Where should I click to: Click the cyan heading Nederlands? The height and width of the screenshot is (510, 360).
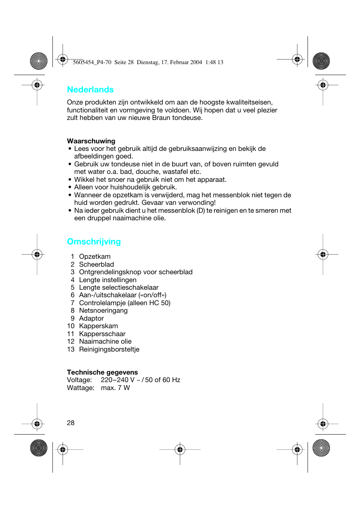[x=90, y=90]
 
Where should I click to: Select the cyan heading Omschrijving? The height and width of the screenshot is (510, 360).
[x=94, y=242]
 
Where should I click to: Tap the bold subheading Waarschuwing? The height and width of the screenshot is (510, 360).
[x=91, y=141]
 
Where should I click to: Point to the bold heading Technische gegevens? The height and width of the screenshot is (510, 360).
[x=102, y=372]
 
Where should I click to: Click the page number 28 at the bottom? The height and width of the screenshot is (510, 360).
[x=71, y=423]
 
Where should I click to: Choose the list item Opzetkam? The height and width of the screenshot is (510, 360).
[x=95, y=257]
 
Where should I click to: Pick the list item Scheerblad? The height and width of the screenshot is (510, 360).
[x=96, y=264]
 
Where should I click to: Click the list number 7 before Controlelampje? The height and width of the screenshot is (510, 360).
[x=72, y=303]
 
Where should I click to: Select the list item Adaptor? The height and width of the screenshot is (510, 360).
[x=91, y=318]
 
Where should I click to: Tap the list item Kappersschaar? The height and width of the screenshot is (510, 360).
[x=102, y=334]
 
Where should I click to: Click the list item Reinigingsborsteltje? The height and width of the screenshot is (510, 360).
[x=109, y=349]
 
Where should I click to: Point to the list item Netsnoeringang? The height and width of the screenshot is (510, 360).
[x=103, y=310]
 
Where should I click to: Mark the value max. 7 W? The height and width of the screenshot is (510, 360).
[x=115, y=388]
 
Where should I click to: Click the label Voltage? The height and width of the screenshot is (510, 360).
[x=79, y=380]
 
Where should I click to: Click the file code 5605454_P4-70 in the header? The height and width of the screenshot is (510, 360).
[x=92, y=62]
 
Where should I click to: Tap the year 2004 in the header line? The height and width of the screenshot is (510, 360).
[x=196, y=62]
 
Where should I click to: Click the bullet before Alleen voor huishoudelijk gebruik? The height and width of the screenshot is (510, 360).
[x=70, y=187]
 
